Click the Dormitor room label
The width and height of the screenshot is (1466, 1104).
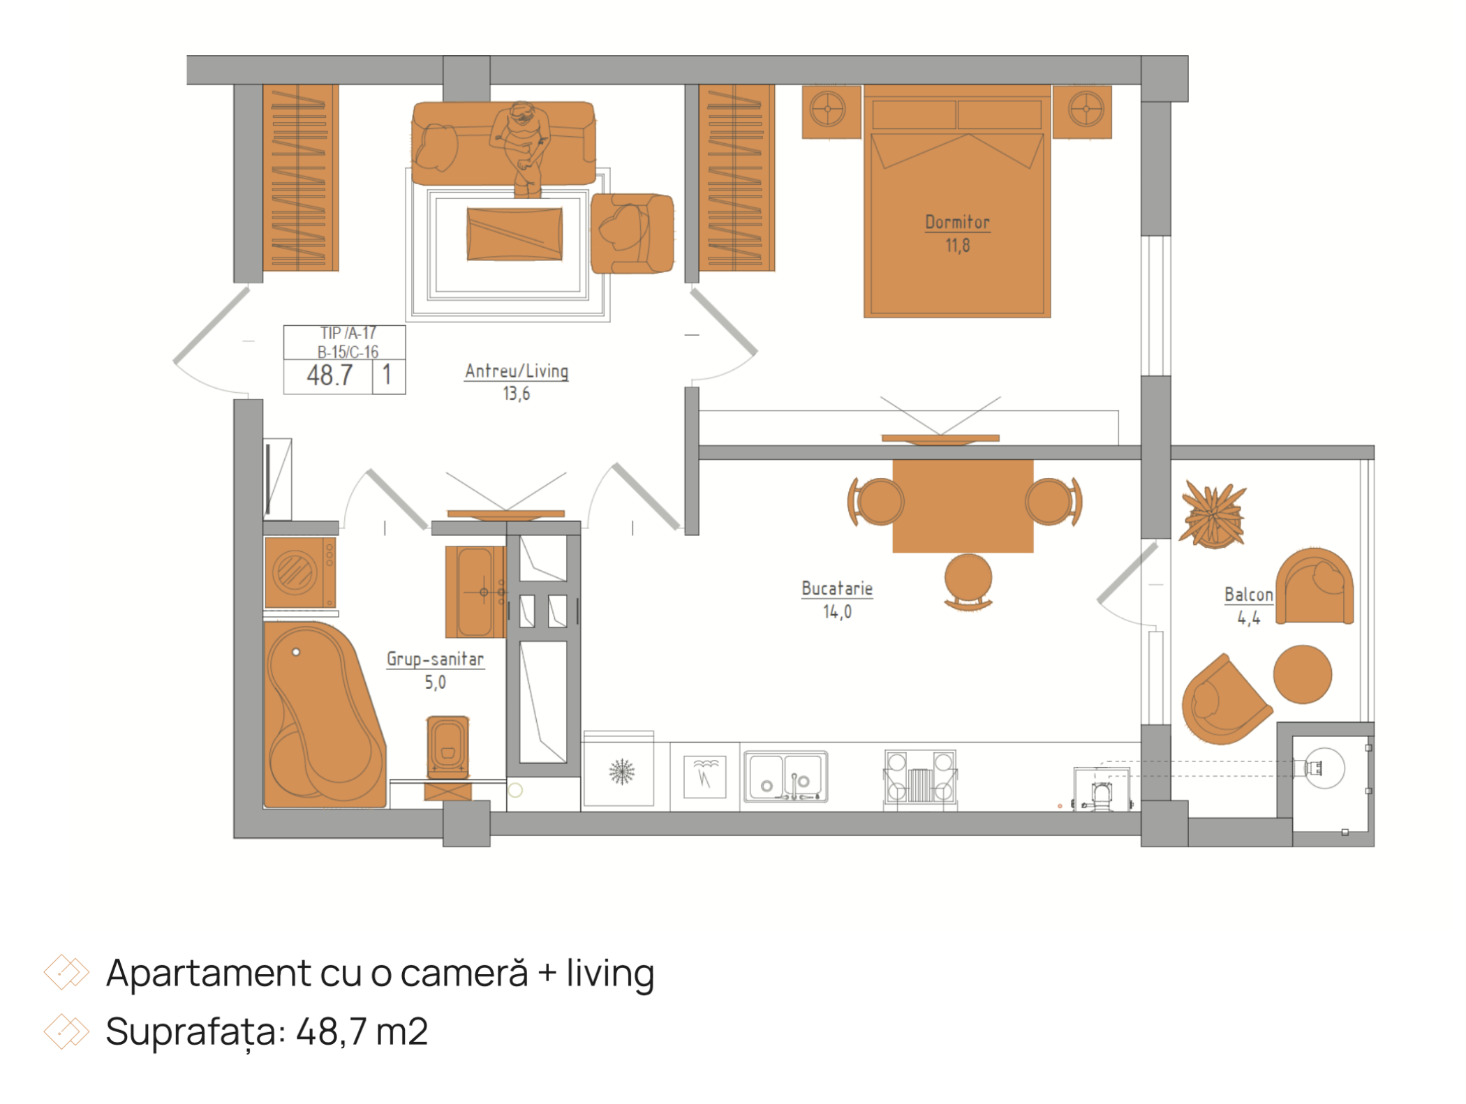tap(957, 223)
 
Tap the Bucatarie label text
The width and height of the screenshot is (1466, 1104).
tap(837, 589)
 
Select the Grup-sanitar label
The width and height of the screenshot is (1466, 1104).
tap(435, 659)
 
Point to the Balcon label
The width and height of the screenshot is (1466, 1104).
tap(1248, 595)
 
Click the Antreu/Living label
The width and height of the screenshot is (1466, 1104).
tap(517, 371)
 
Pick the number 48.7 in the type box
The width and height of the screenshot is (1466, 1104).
tap(330, 376)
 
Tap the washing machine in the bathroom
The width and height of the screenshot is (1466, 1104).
tap(300, 572)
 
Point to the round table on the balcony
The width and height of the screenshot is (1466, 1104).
tap(1303, 674)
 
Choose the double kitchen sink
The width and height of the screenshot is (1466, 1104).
tap(785, 776)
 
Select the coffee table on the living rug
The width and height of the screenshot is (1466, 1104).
tap(514, 234)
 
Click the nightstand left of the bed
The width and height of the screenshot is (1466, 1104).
tap(831, 112)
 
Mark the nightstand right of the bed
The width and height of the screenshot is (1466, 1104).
tap(1083, 112)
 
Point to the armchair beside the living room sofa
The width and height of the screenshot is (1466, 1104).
tap(632, 233)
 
